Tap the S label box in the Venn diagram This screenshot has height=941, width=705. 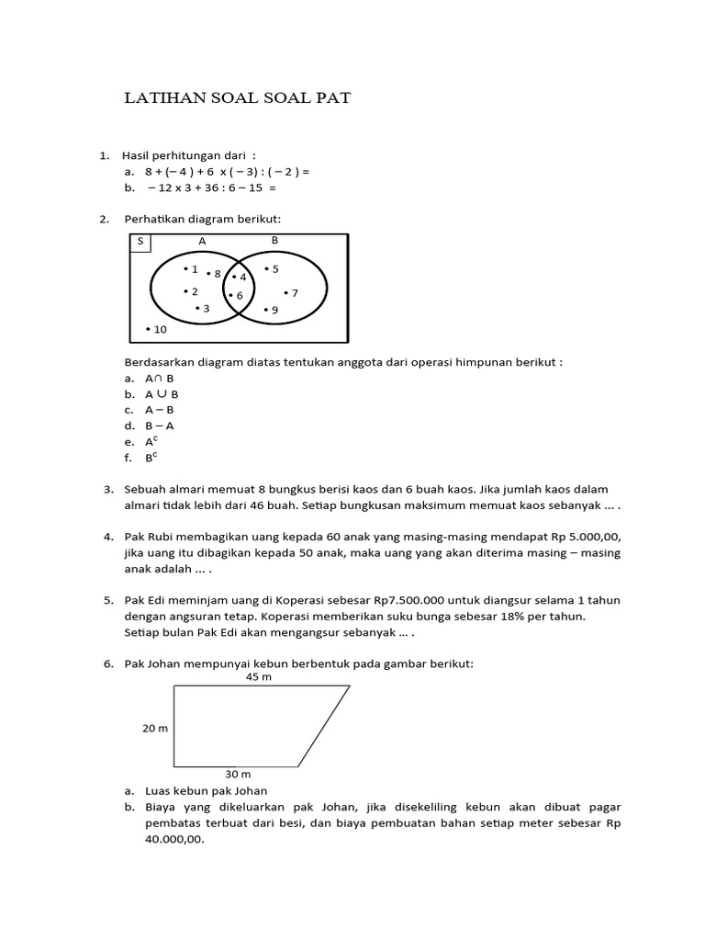140,242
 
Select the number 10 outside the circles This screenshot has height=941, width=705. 160,329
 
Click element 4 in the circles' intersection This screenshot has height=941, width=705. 242,277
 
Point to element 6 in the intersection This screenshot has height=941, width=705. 239,295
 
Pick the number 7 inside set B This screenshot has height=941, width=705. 294,293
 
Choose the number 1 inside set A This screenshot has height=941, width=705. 194,269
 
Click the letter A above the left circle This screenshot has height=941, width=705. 203,241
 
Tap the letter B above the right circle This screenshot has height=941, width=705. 274,240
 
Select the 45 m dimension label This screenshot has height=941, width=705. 259,677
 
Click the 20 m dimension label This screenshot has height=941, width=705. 154,728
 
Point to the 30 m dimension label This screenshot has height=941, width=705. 239,774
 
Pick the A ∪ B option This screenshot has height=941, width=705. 162,394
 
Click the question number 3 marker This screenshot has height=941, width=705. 107,490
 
